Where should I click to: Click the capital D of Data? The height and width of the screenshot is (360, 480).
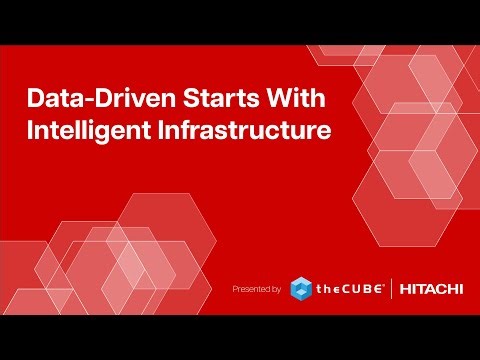point(34,101)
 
